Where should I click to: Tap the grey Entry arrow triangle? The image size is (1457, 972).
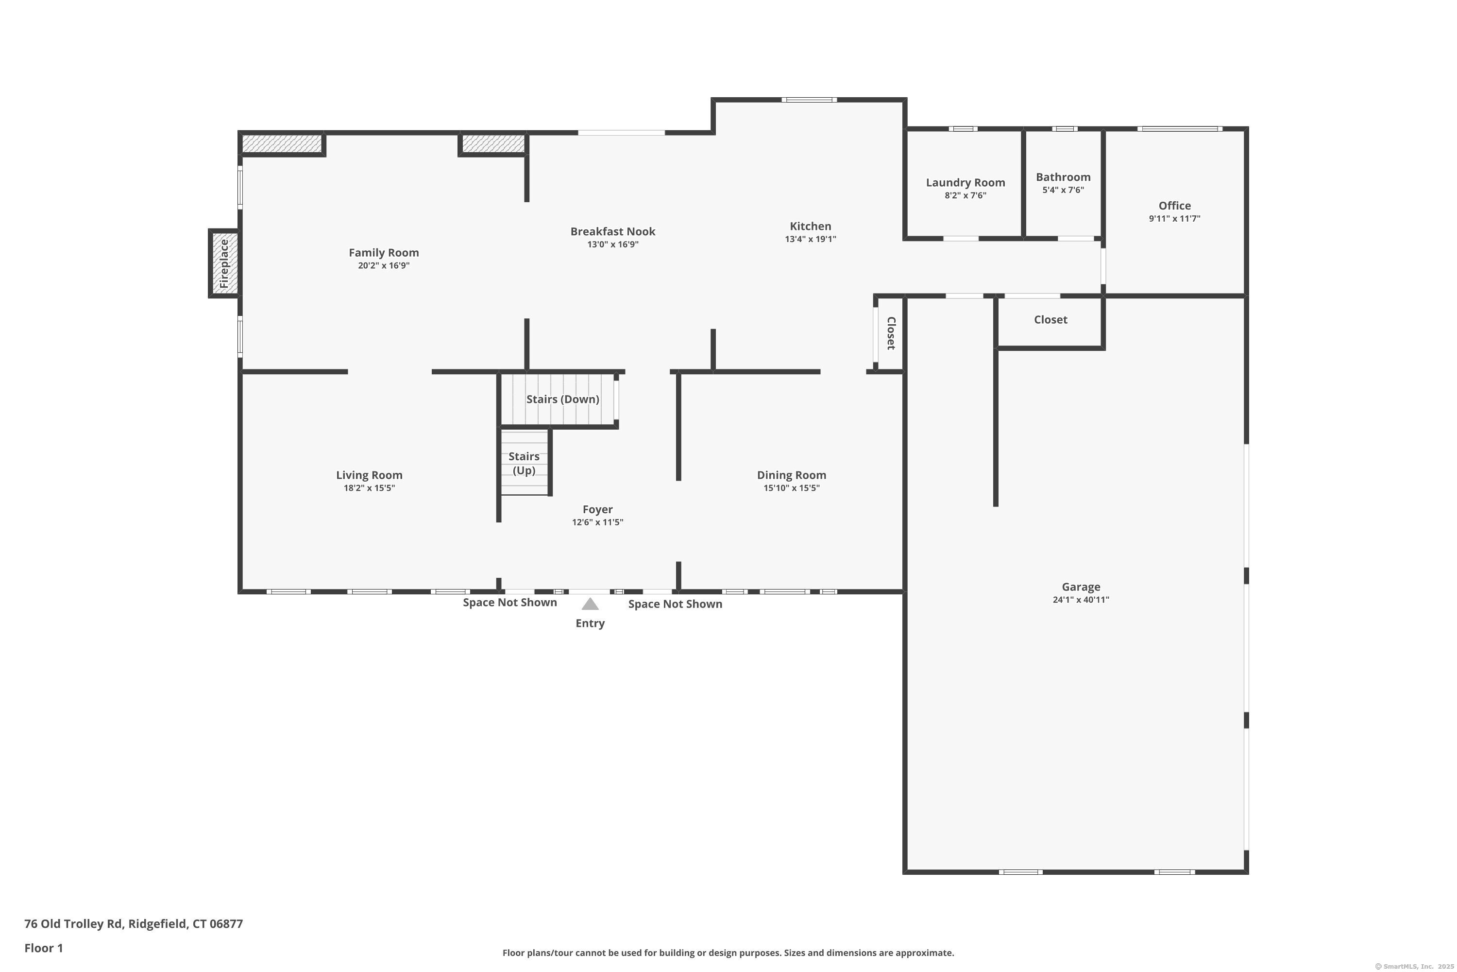click(590, 604)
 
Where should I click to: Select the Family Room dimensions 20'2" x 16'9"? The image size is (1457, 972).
click(384, 266)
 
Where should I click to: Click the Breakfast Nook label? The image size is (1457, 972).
click(612, 231)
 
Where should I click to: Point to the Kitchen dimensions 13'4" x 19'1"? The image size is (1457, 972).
click(810, 239)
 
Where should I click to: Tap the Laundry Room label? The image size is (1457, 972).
click(965, 182)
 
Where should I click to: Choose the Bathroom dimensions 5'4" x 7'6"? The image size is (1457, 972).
click(1063, 191)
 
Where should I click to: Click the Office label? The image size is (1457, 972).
click(1174, 206)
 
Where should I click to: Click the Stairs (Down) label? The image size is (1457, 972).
click(562, 399)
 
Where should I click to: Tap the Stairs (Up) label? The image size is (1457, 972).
click(524, 463)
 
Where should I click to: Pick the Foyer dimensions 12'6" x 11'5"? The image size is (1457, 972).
click(597, 522)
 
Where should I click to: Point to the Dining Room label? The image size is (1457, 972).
click(791, 475)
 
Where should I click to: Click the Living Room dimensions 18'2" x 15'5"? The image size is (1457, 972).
click(369, 488)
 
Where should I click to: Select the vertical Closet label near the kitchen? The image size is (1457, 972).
click(891, 333)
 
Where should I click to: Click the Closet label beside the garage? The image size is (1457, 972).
click(1050, 320)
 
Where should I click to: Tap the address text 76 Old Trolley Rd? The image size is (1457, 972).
click(74, 924)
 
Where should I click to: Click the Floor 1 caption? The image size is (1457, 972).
click(43, 948)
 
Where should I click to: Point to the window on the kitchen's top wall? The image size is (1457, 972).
click(809, 100)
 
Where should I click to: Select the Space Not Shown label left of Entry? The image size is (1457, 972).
click(510, 603)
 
